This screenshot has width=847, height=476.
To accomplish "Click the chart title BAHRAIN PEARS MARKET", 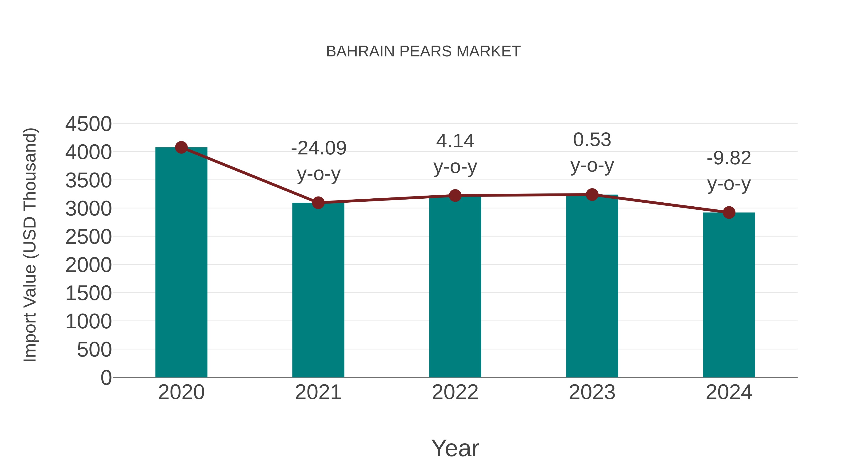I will click(423, 51).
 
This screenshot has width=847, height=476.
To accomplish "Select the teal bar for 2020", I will click(181, 263).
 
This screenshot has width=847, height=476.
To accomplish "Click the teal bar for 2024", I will click(729, 296).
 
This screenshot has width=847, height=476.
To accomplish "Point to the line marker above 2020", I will click(181, 147).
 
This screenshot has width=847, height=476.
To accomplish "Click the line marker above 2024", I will click(729, 212).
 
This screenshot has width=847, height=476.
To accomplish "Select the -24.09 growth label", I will click(319, 149).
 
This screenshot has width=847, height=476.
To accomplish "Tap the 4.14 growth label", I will click(455, 141).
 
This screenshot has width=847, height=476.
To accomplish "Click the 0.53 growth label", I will click(592, 140).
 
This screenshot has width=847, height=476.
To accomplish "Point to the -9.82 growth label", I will click(729, 158).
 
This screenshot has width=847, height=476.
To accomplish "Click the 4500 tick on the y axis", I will click(88, 124).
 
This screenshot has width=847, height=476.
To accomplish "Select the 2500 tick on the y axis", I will click(88, 237).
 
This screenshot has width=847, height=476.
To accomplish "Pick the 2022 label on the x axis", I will click(455, 392).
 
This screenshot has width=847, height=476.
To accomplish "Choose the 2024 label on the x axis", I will click(729, 392).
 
